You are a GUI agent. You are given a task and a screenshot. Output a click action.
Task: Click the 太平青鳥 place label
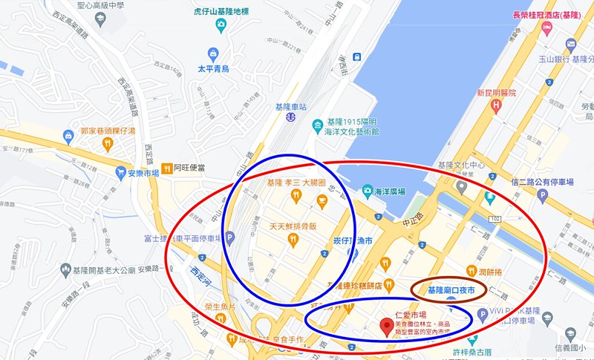tap(212, 68)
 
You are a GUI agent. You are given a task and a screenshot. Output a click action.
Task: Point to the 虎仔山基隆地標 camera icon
tap(221, 24)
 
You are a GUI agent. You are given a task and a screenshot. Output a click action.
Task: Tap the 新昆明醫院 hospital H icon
tap(496, 105)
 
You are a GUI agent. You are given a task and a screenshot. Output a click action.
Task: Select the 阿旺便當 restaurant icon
tap(167, 168)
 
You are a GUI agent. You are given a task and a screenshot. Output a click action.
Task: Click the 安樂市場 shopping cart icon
tap(120, 172)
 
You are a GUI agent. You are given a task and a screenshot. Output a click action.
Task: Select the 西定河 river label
tap(200, 269)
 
